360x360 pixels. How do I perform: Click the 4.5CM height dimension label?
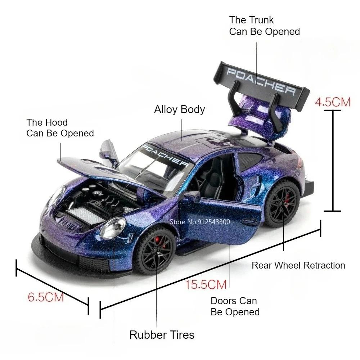pos(333,102)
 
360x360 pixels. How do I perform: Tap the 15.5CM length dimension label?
pos(206,284)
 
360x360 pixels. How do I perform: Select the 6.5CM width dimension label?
pos(46,297)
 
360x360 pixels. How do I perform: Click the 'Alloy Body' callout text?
pos(179,109)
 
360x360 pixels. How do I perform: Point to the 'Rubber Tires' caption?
pos(162,335)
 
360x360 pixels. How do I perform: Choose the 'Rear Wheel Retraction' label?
pos(298,265)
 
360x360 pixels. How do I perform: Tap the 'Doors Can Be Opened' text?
pos(235,306)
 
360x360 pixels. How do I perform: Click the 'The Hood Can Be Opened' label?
pos(60,128)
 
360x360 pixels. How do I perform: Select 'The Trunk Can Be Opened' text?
pos(265,26)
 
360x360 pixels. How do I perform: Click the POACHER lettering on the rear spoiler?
pos(261,81)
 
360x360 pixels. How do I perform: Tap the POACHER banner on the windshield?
pos(165,156)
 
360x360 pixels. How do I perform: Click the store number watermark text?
pos(200,222)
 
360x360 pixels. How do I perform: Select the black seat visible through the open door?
pos(213,177)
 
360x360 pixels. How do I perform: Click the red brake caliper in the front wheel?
pos(158,241)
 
